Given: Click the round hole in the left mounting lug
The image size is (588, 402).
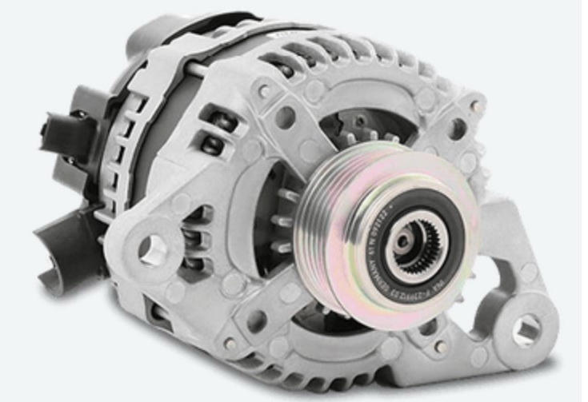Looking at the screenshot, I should [x=151, y=249].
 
